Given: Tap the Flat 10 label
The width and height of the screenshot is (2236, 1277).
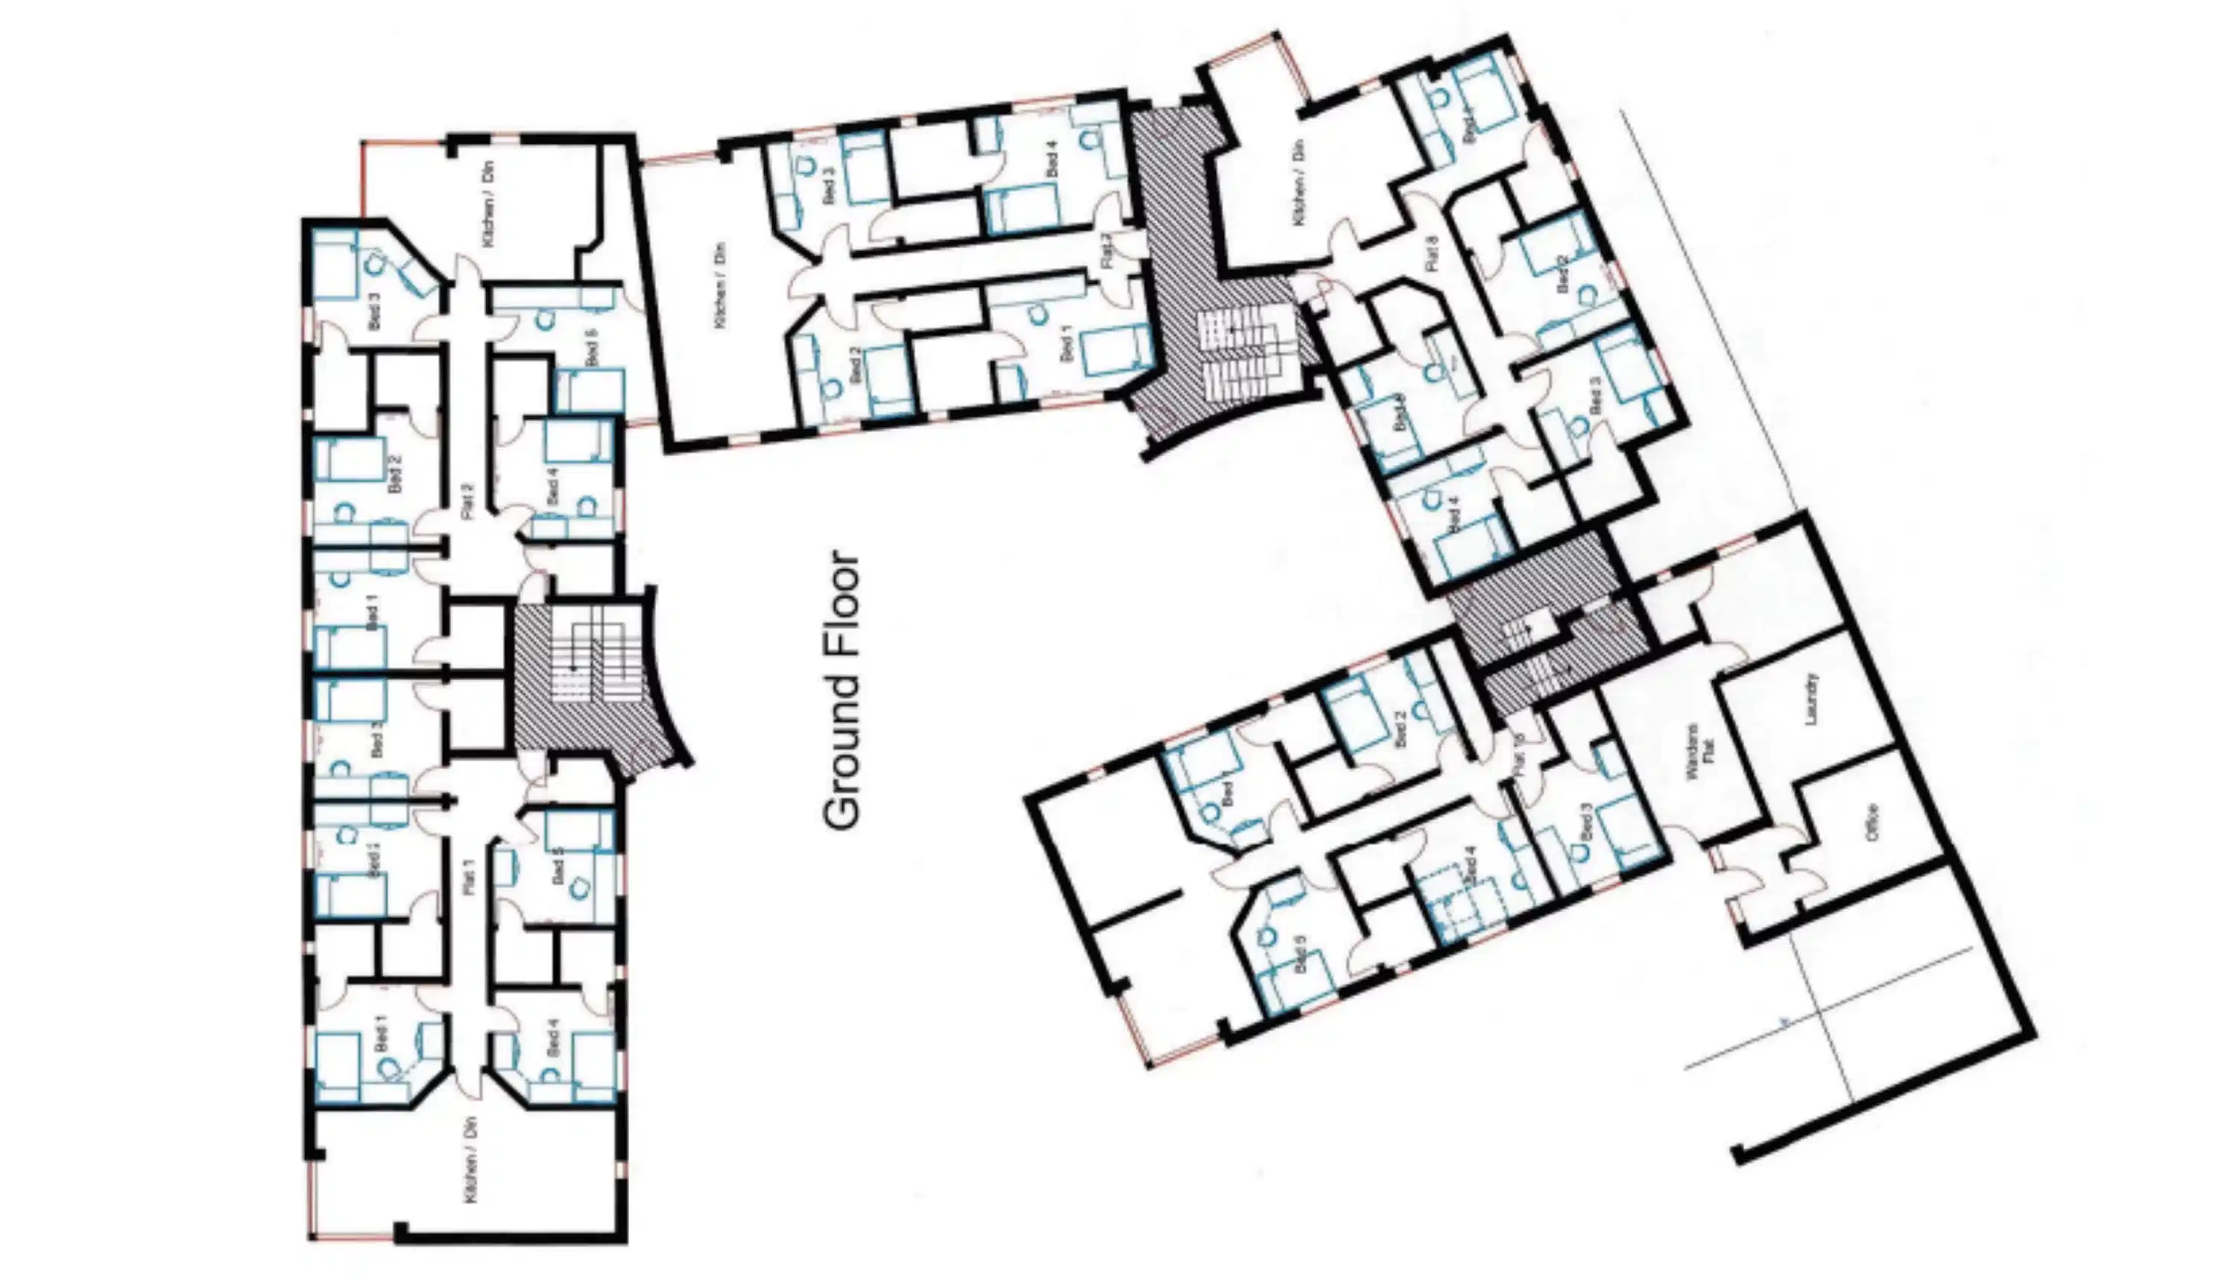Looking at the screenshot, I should (x=1520, y=752).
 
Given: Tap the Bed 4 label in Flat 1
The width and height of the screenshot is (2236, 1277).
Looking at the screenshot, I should (x=552, y=1039).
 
